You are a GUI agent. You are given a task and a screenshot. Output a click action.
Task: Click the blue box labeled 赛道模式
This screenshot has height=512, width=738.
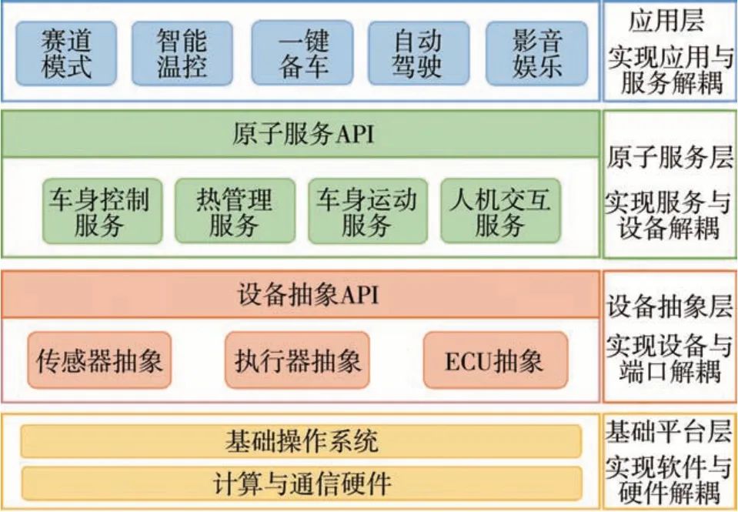[x=66, y=53]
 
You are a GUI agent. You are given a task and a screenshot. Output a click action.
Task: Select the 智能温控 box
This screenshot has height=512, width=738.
[x=182, y=53]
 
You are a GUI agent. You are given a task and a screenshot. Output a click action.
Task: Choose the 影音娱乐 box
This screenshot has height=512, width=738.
[x=536, y=53]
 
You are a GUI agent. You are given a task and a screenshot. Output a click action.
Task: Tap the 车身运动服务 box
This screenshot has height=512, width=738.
[x=366, y=212]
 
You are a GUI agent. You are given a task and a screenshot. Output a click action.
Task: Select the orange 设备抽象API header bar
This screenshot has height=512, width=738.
[x=302, y=293]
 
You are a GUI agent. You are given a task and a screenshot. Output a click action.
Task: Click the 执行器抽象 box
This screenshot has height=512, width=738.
[x=297, y=361]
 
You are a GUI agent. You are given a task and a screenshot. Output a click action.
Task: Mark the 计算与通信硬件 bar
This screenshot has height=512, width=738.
[x=302, y=484]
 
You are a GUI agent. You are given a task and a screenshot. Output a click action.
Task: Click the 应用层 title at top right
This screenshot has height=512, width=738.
[x=666, y=19]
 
